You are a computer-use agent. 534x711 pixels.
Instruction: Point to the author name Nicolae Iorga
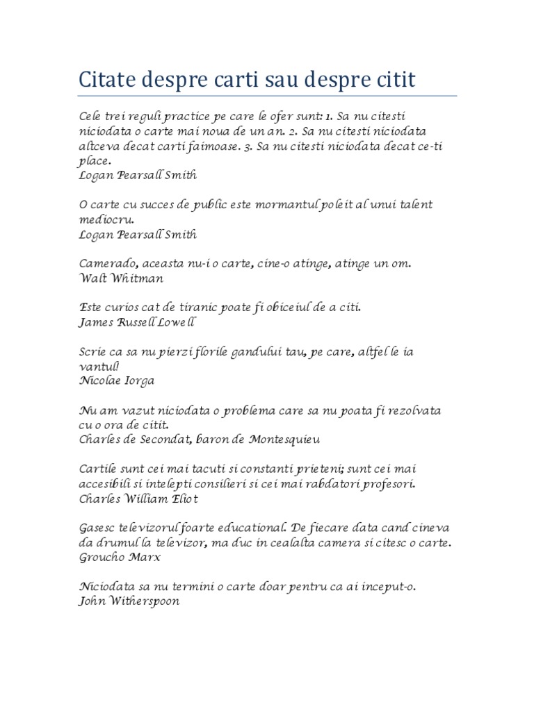pyautogui.click(x=116, y=380)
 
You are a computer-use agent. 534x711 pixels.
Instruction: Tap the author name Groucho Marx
pyautogui.click(x=120, y=557)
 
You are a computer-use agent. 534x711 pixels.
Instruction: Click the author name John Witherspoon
pyautogui.click(x=129, y=601)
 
